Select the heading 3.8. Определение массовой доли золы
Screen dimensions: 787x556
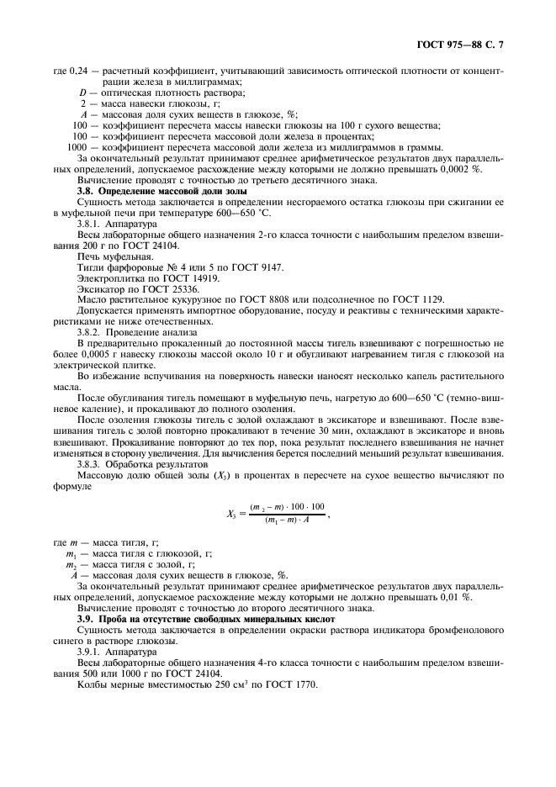pos(148,192)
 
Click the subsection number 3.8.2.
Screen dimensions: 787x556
pos(92,332)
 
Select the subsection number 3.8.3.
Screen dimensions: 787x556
pos(92,463)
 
